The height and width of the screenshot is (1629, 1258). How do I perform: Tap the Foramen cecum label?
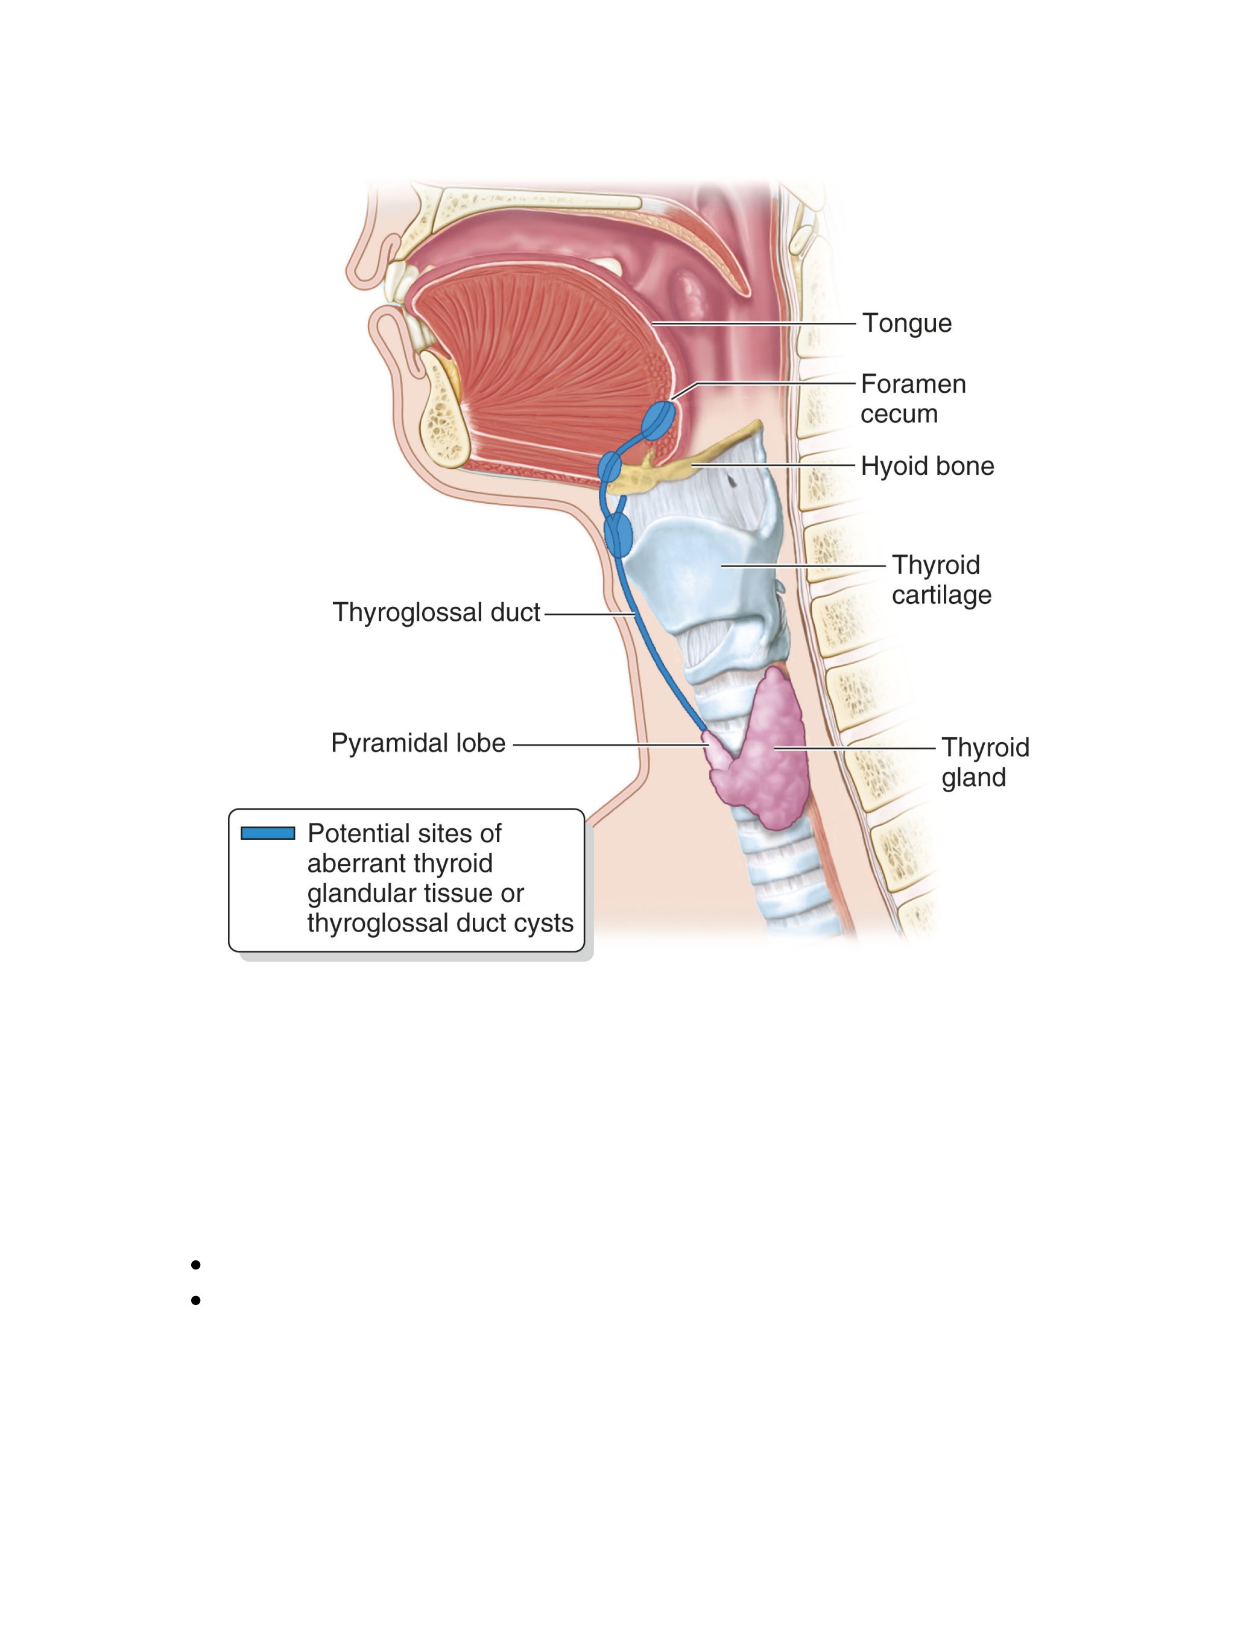click(x=912, y=399)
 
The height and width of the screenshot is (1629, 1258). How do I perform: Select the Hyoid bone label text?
click(x=927, y=466)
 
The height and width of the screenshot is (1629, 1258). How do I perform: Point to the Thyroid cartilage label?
click(x=941, y=580)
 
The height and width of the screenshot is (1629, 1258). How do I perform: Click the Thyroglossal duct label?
click(x=436, y=612)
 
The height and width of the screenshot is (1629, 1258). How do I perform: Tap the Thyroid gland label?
click(x=985, y=762)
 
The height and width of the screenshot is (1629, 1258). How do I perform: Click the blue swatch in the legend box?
click(x=268, y=833)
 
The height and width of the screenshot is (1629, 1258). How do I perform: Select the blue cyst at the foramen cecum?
click(x=659, y=421)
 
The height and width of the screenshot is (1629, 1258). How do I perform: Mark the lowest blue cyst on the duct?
click(x=618, y=534)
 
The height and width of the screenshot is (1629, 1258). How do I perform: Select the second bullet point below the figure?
click(x=195, y=1300)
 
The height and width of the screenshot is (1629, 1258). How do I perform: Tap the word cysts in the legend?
click(x=543, y=923)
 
